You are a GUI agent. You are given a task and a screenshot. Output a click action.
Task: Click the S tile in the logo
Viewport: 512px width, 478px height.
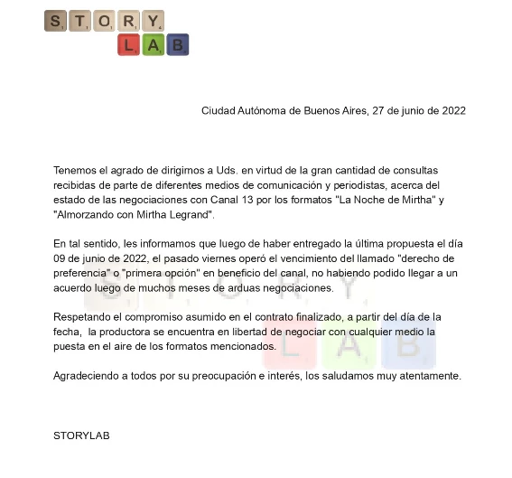point(56,21)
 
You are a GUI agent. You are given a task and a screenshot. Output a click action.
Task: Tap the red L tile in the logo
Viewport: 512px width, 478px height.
point(128,44)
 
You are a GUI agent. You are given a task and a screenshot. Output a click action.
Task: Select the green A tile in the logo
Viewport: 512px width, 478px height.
point(153,44)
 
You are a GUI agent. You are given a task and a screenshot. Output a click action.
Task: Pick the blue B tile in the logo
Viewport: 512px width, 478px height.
point(177,44)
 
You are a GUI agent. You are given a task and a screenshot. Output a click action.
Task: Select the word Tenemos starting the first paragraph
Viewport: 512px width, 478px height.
point(77,170)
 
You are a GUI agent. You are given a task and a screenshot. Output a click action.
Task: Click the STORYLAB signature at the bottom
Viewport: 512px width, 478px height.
point(81,436)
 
